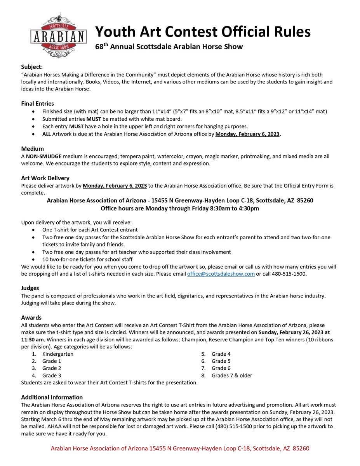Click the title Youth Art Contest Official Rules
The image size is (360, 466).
tap(203, 31)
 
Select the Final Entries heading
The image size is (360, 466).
tap(38, 104)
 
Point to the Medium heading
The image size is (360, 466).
tap(33, 149)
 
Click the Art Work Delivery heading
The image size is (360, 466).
tap(45, 178)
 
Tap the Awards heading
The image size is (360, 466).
tap(31, 317)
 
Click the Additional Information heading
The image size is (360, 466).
tap(52, 397)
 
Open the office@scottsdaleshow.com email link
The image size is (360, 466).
tap(221, 274)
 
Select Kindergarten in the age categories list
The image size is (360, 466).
tap(58, 354)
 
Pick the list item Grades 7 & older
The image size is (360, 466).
tap(232, 376)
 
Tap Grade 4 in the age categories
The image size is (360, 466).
tap(221, 354)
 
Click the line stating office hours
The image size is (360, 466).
tap(180, 208)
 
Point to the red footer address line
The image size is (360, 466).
tap(180, 449)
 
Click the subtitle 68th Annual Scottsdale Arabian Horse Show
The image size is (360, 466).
tap(169, 47)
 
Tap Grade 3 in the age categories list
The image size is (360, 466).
tap(52, 376)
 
